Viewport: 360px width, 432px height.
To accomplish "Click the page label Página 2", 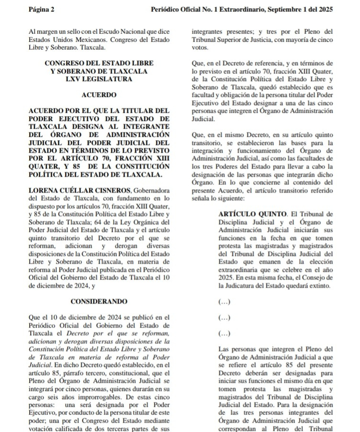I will coord(42,9).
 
